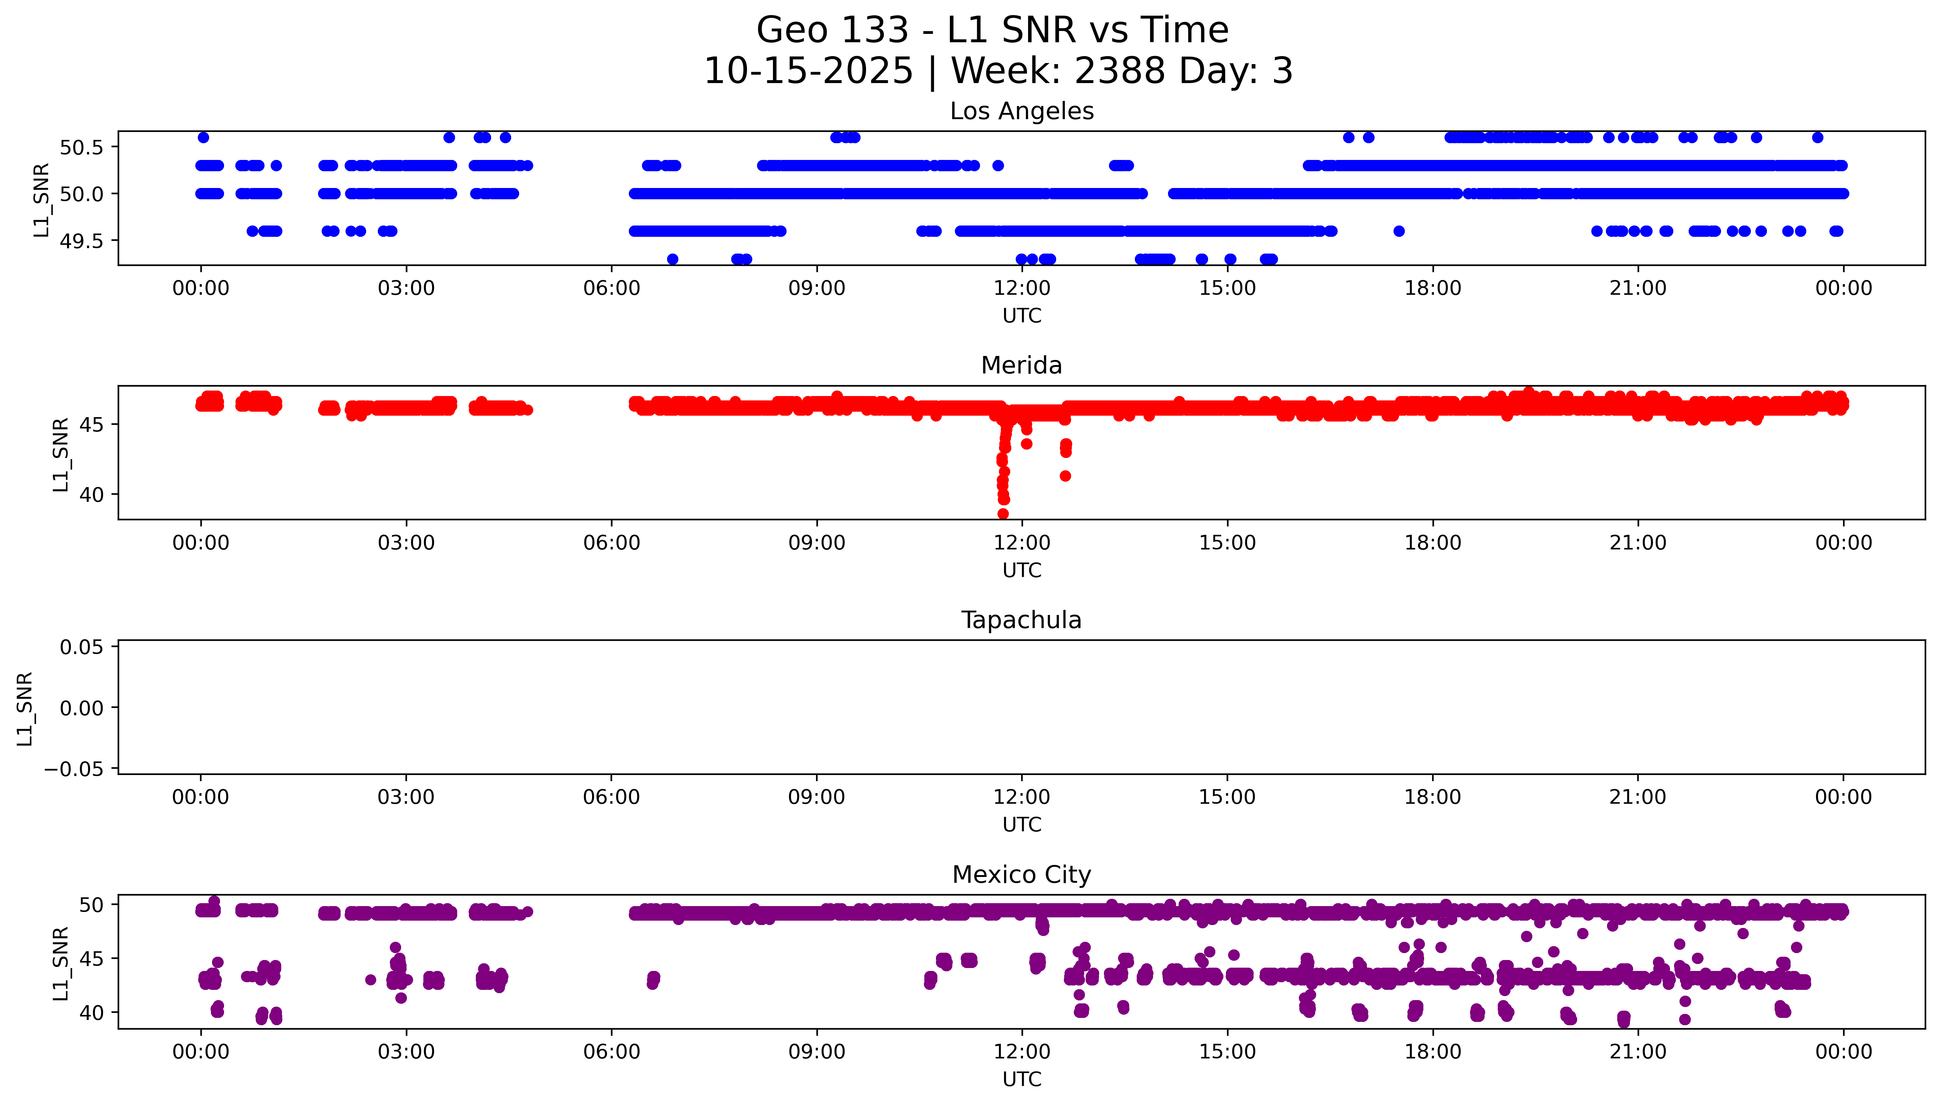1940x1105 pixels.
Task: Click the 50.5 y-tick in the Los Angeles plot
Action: click(81, 147)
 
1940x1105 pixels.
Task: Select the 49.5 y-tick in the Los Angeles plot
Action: click(81, 240)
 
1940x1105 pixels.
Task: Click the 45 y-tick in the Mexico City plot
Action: click(92, 959)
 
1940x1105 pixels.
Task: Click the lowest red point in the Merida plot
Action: click(1003, 514)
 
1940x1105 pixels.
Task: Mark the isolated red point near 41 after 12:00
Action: click(1065, 476)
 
